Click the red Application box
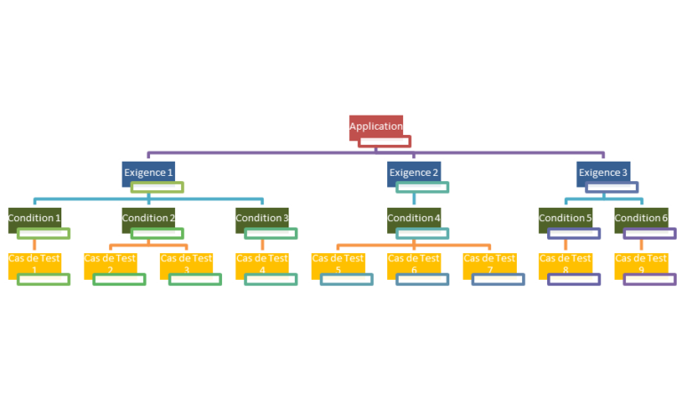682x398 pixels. [x=376, y=125]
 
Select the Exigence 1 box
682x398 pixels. [x=147, y=171]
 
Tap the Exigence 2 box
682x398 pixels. [x=414, y=171]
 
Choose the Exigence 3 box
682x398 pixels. [x=603, y=171]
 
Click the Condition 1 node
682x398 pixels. [x=34, y=218]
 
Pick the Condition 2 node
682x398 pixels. [x=147, y=218]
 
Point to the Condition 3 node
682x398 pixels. [x=262, y=218]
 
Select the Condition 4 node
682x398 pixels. [x=414, y=218]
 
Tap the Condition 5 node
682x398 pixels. [x=565, y=218]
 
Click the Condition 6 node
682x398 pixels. [x=641, y=218]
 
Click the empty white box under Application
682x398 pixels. [x=385, y=141]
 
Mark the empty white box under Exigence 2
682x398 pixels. [x=423, y=187]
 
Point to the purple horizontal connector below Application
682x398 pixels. [x=266, y=153]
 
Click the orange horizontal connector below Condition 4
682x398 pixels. [x=373, y=244]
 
